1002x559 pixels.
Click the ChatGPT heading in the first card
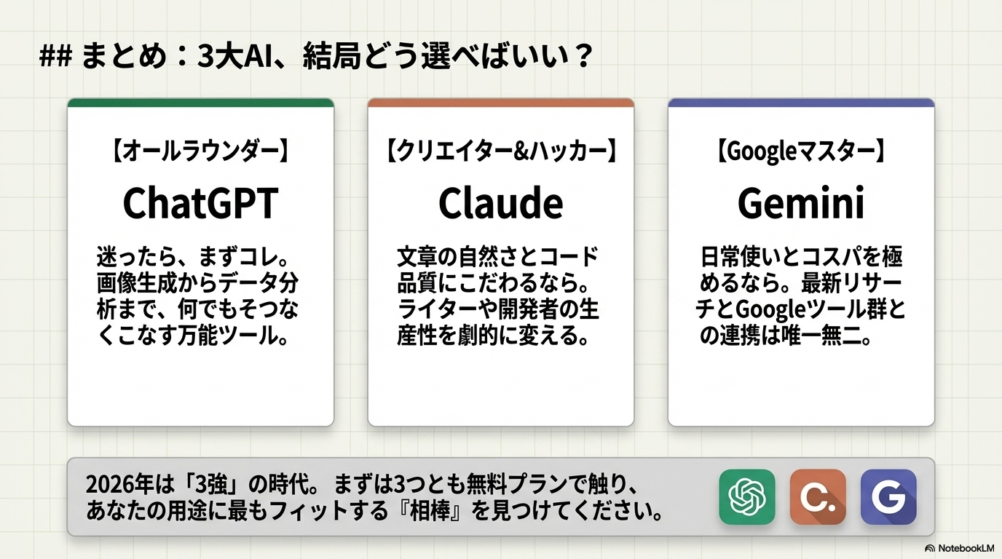[x=200, y=203]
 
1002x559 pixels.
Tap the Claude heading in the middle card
[x=500, y=203]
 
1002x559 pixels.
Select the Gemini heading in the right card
[x=801, y=203]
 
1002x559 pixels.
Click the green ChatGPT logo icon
[x=746, y=496]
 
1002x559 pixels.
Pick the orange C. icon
[x=817, y=496]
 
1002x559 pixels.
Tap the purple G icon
[x=888, y=496]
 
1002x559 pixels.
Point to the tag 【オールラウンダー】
[x=200, y=151]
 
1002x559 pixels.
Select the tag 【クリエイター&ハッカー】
[x=500, y=151]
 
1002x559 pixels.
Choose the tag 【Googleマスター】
[x=801, y=151]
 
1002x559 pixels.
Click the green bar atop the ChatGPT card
[x=200, y=103]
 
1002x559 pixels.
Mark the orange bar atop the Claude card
[x=500, y=103]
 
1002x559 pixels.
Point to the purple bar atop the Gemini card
[x=801, y=103]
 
